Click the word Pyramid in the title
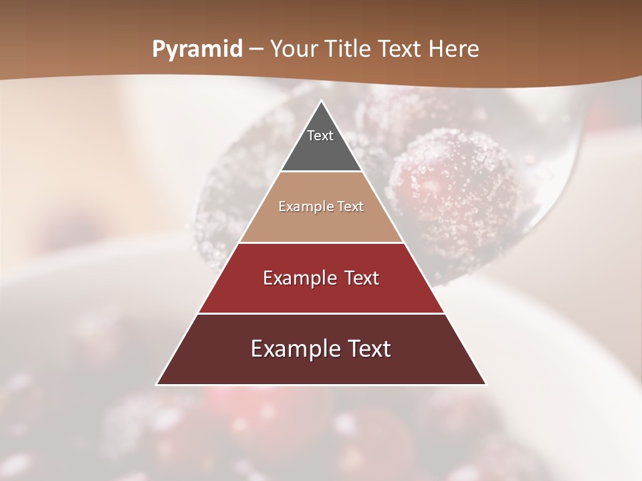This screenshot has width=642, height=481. (x=197, y=49)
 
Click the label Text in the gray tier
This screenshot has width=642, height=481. (x=320, y=136)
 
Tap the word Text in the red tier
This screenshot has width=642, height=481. (x=362, y=278)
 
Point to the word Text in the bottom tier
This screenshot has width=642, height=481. (x=368, y=349)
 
